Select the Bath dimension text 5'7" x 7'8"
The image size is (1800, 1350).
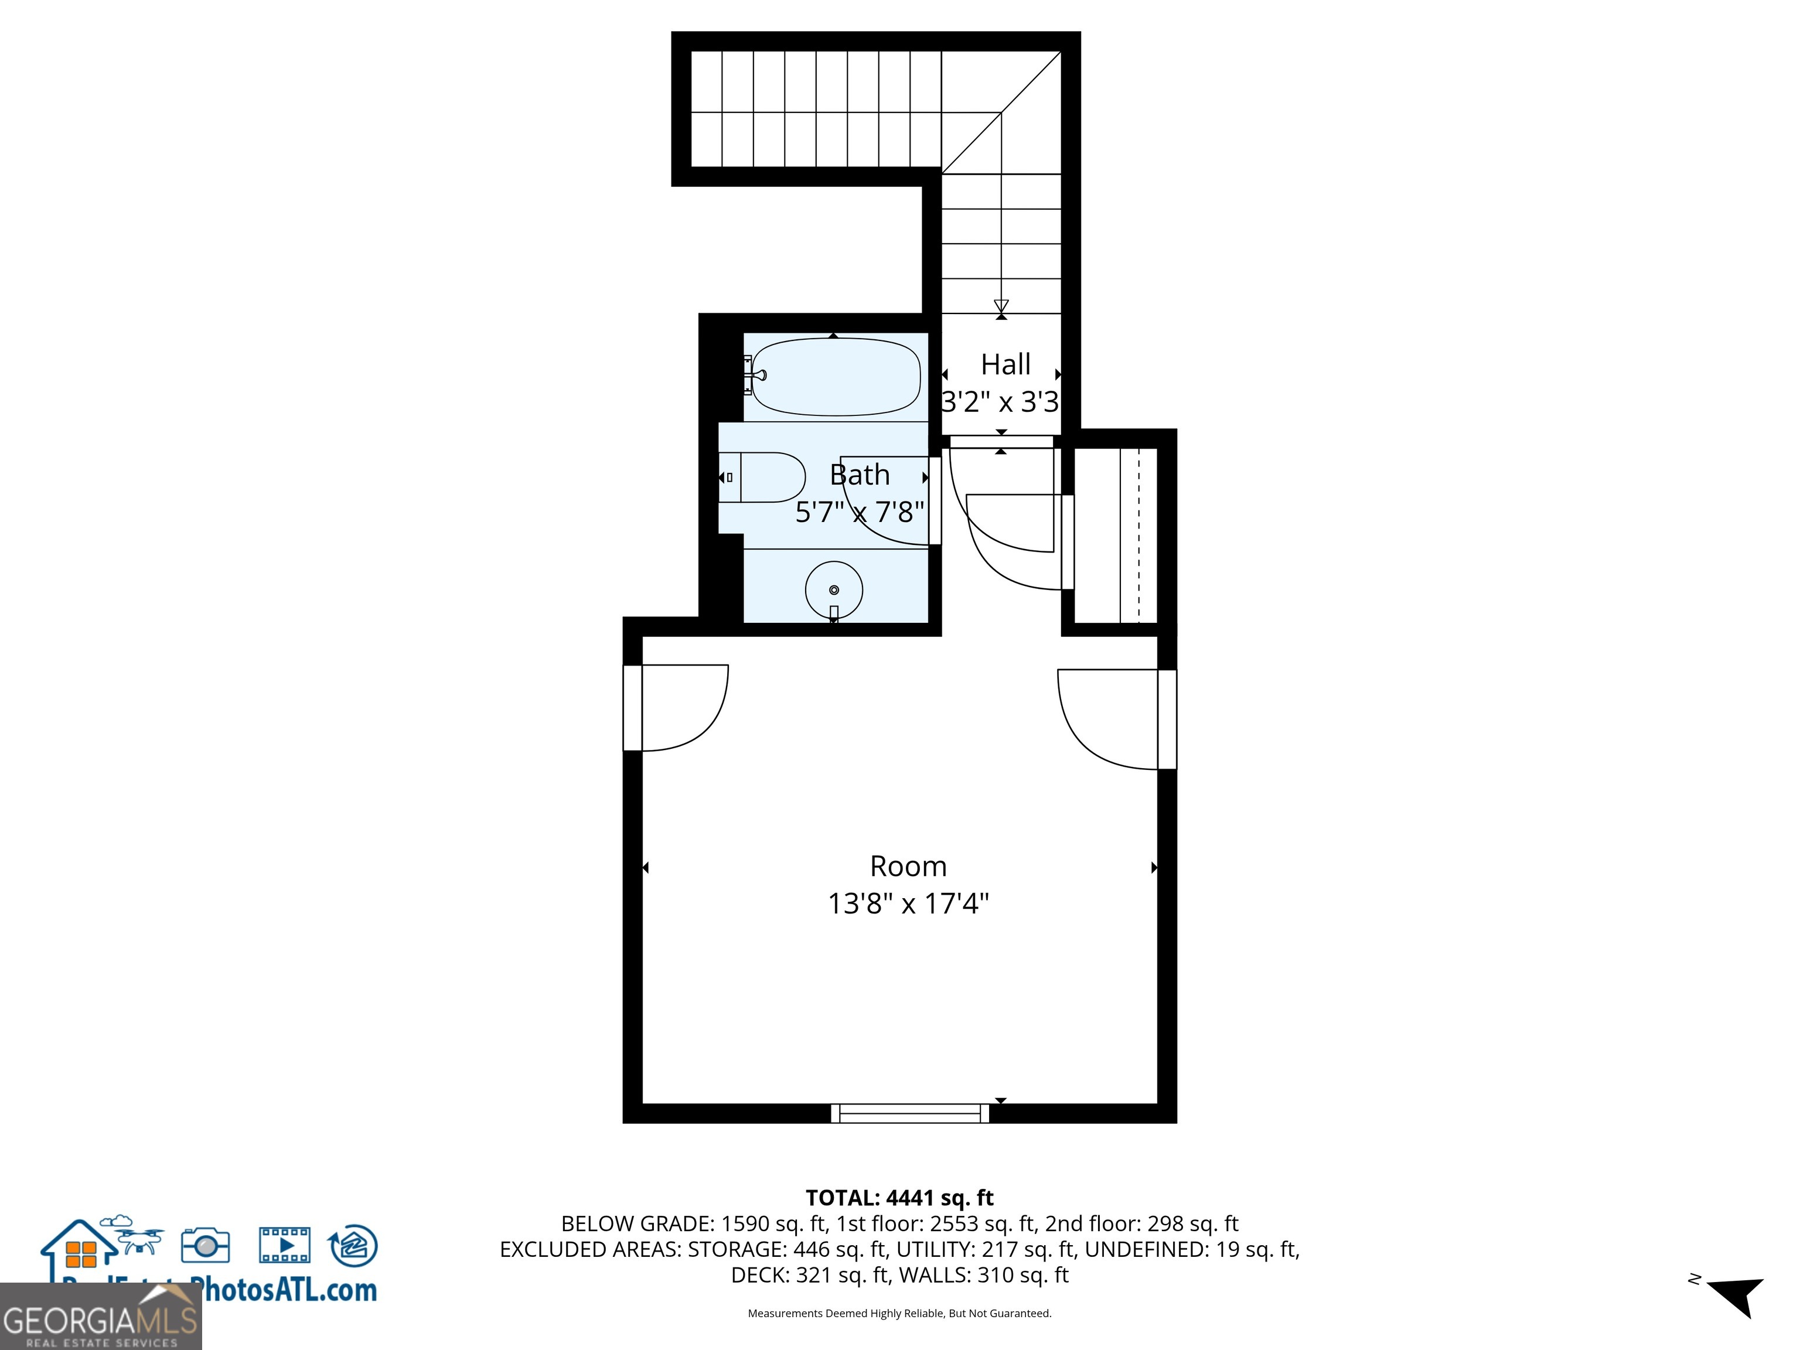(x=860, y=512)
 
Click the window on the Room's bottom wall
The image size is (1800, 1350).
(x=910, y=1113)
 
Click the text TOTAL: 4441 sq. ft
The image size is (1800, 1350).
(x=899, y=1198)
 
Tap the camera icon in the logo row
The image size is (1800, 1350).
(x=205, y=1245)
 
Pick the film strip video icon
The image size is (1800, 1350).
(x=284, y=1245)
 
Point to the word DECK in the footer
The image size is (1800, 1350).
(x=758, y=1275)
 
